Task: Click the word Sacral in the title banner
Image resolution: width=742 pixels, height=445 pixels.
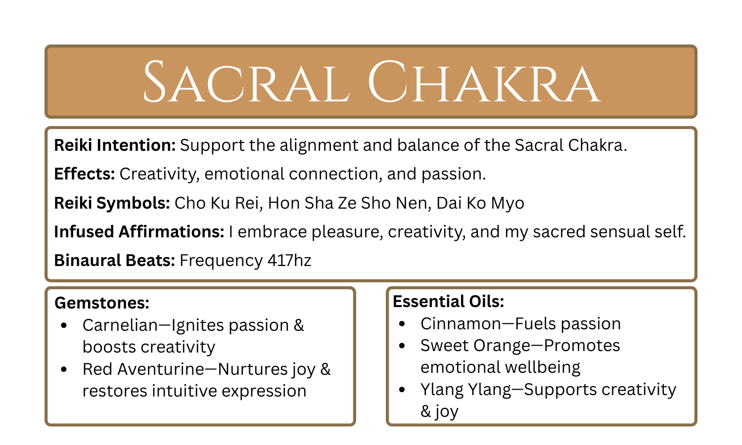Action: click(246, 83)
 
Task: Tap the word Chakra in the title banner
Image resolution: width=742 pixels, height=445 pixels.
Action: click(484, 83)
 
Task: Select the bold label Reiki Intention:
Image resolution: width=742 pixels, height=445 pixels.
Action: click(115, 145)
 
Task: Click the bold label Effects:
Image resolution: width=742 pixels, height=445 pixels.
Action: click(85, 174)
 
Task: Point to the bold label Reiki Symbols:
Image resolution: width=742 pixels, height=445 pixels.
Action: click(112, 203)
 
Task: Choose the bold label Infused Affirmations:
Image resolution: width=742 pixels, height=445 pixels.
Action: click(139, 232)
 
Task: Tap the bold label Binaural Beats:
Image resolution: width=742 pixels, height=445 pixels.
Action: click(114, 261)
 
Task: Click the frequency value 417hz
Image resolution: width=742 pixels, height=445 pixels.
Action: click(289, 261)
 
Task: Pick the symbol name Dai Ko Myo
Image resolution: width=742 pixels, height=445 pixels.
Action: click(480, 203)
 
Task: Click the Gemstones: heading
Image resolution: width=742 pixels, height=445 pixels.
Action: click(102, 303)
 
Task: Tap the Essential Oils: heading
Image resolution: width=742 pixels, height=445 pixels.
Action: click(448, 301)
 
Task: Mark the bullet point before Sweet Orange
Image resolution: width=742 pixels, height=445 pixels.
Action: click(402, 346)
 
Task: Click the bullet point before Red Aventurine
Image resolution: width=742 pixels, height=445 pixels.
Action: click(64, 369)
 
